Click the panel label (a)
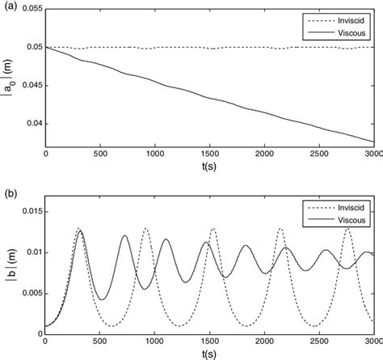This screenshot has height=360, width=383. (9, 6)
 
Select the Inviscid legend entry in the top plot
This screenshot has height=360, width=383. (349, 18)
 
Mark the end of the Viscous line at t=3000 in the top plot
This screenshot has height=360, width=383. (373, 141)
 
